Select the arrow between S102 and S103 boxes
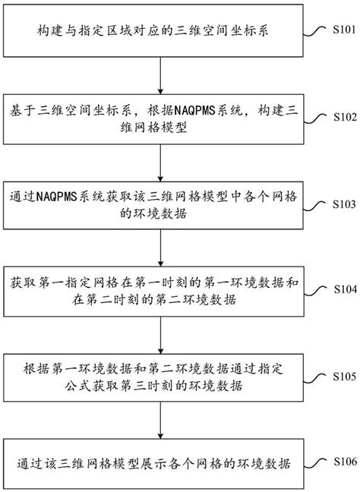(x=160, y=159)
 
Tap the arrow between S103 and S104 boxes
(x=160, y=245)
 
